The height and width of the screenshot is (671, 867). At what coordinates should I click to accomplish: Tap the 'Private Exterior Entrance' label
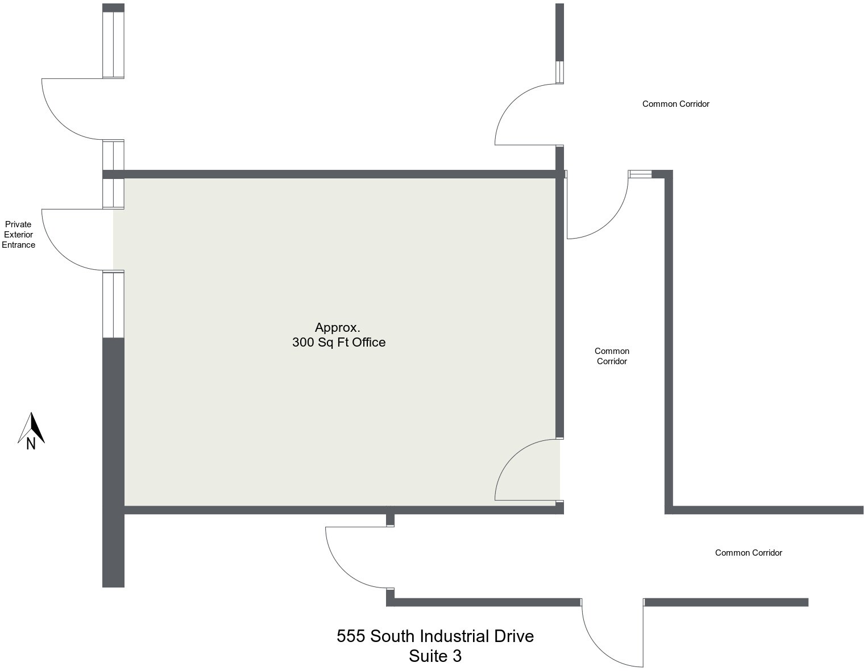(18, 235)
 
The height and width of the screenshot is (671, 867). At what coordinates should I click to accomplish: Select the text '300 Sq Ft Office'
(339, 342)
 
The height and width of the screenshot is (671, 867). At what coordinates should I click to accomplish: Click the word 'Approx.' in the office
(338, 327)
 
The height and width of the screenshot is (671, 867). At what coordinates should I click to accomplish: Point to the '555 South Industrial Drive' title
(435, 636)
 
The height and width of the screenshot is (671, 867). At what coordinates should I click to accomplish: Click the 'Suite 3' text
(435, 656)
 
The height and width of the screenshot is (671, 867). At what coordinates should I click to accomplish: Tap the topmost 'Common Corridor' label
(675, 104)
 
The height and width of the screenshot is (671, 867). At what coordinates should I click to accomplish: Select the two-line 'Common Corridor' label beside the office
(612, 356)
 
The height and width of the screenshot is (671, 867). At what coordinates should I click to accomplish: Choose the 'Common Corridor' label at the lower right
(748, 553)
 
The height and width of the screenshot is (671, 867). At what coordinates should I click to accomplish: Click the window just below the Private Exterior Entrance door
(113, 305)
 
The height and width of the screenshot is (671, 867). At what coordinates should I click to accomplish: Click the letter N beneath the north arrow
(31, 444)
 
